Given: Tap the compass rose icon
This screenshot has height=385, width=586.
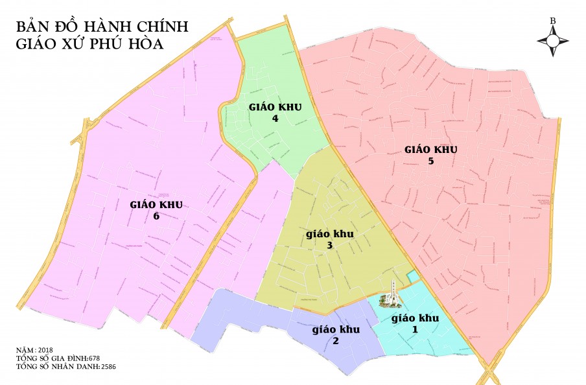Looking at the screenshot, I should point(553,40).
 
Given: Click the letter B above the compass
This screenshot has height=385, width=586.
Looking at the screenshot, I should point(553,21).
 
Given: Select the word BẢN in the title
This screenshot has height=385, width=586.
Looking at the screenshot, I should point(32,26).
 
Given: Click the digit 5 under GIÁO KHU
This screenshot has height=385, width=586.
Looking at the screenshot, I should point(431,161).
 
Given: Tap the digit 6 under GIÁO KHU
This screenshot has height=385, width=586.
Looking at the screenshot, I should point(156,216).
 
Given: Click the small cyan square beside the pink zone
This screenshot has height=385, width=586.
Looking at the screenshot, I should point(412,277).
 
